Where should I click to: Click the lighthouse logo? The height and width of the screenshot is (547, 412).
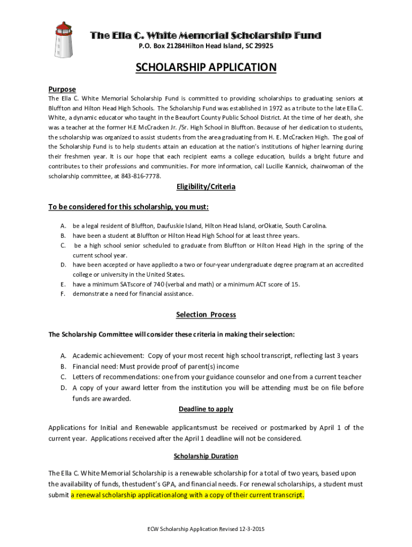pos(64,39)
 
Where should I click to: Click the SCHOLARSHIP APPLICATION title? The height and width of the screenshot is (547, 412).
pos(206,68)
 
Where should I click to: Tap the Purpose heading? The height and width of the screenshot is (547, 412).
pos(62,89)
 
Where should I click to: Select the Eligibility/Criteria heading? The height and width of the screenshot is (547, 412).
pos(206,187)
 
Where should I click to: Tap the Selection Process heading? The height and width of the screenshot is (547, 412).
pos(206,315)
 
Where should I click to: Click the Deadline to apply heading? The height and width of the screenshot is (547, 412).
pos(206,409)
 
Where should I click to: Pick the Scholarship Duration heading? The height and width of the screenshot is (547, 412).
pos(206,456)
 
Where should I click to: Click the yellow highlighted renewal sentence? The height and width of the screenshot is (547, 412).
pos(188,495)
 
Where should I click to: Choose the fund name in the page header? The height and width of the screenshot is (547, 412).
pos(206,36)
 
